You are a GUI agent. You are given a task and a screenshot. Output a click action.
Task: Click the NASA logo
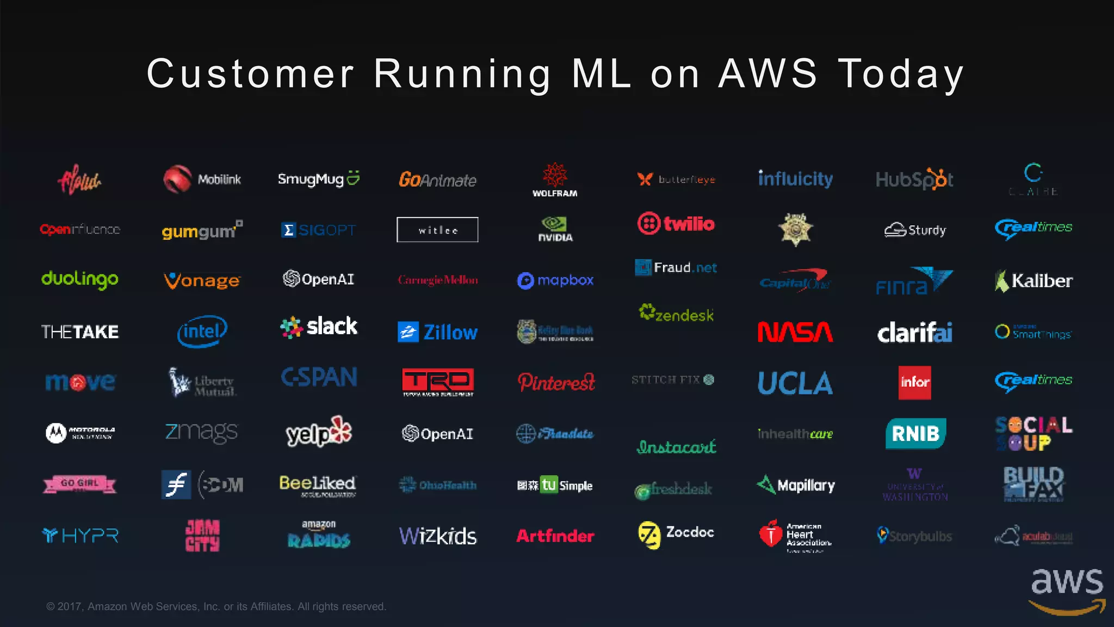pos(795,331)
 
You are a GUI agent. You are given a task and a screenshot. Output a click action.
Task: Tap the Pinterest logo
pos(556,382)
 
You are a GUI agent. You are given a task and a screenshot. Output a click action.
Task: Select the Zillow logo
pos(438,332)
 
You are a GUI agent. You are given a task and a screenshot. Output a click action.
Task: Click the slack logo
pos(319,327)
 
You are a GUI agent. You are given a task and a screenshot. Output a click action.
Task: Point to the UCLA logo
pos(795,383)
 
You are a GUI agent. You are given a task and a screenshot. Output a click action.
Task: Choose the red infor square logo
pos(914,382)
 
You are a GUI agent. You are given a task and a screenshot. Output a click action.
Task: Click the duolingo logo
pos(80,279)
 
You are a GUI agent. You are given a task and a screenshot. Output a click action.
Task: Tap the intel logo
pos(202,331)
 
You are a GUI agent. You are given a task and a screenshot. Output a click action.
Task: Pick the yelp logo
pos(319,432)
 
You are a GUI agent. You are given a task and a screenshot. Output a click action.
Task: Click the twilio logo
pos(676,223)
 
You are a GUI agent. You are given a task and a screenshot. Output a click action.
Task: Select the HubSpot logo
pos(914,179)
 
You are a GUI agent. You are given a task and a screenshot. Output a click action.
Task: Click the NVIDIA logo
pos(555,229)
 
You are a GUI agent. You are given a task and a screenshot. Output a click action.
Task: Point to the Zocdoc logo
pos(676,534)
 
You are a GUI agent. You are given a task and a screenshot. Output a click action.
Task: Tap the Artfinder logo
pos(555,536)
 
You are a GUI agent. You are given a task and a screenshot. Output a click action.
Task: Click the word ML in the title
pos(602,73)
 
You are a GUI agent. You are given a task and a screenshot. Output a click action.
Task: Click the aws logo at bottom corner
pos(1067,591)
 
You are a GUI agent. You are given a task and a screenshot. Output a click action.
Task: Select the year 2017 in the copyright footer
pos(70,606)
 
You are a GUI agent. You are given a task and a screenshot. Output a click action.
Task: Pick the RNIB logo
pos(915,433)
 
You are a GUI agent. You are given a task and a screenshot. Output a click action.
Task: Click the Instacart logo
pos(676,447)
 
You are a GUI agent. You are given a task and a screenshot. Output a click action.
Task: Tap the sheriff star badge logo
pos(795,229)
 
